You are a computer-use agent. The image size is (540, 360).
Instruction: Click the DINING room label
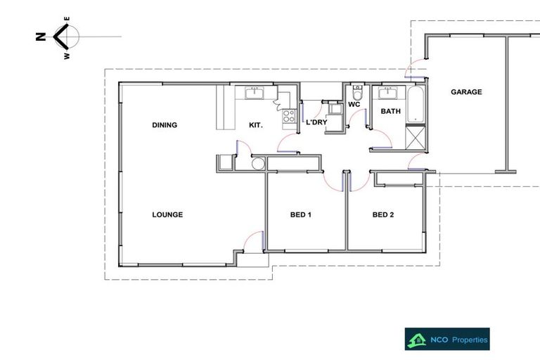[x=165, y=125]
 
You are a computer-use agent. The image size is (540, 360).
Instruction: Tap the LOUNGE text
[x=167, y=214]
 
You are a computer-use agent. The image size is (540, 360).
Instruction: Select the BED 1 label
[x=300, y=214]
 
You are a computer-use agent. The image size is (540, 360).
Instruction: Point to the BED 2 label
[x=382, y=214]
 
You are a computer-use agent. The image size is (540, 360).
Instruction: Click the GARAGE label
[x=466, y=92]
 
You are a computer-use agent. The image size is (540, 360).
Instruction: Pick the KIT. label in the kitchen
[x=256, y=125]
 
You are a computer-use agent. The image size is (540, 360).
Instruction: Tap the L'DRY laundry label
[x=316, y=122]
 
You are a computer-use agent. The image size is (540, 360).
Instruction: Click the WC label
[x=354, y=105]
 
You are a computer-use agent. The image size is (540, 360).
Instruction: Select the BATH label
[x=390, y=111]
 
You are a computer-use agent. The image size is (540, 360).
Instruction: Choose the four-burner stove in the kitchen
[x=289, y=117]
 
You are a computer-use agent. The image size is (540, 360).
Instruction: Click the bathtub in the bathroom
[x=414, y=104]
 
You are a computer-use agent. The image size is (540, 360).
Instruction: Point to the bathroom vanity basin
[x=387, y=92]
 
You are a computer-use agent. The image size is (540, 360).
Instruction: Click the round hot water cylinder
[x=258, y=165]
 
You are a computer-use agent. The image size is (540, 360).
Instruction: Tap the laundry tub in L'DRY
[x=336, y=110]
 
